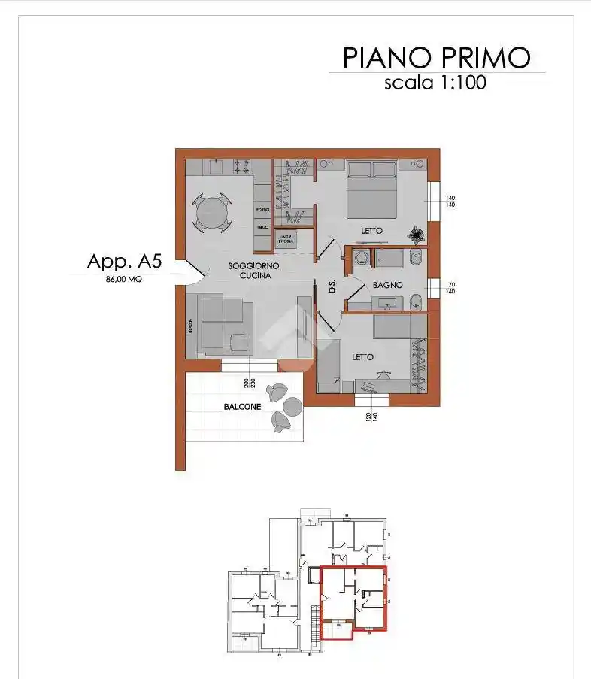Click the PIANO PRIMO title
coord(437,57)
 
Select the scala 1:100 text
coord(435,83)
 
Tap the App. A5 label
coord(125,262)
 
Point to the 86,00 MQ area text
coord(124,278)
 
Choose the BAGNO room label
coord(388,286)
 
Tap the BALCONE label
coord(242,407)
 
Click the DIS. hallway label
coord(332,286)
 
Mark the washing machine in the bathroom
coord(361,259)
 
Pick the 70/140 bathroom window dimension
coord(451,288)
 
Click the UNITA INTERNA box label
coord(286,238)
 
